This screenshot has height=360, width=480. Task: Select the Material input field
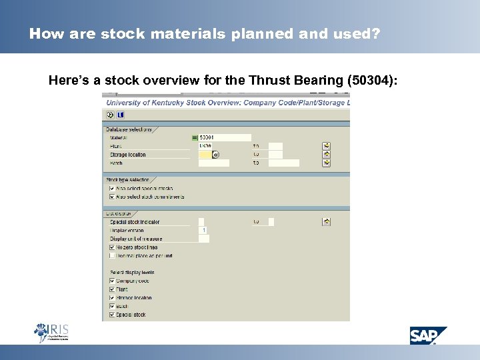click(225, 137)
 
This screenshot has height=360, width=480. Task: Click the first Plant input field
click(213, 146)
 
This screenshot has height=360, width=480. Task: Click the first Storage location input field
click(205, 155)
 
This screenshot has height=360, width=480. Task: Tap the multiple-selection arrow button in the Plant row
click(327, 146)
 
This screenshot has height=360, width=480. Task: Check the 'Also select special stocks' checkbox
click(111, 189)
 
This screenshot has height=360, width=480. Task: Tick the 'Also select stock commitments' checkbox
click(111, 197)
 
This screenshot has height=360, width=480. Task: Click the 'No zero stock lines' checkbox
click(111, 247)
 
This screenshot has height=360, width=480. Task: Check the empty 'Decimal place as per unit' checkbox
click(111, 255)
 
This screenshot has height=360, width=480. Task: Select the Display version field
click(203, 230)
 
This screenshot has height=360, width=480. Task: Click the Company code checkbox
click(111, 281)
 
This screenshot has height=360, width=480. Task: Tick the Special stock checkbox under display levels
click(111, 315)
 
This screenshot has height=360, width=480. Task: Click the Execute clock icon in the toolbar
click(110, 115)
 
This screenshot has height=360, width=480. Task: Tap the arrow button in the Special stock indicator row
click(327, 221)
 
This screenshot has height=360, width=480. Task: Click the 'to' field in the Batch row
click(284, 163)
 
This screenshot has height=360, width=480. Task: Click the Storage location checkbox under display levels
click(111, 298)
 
